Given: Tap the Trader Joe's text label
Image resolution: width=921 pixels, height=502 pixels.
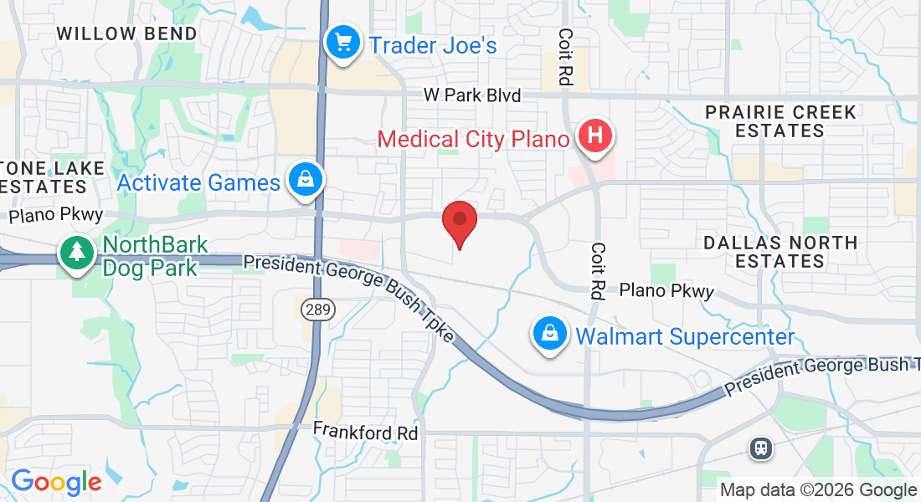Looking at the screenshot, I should tap(433, 45).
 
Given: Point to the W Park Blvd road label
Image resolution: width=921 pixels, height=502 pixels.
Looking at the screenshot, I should tap(471, 95).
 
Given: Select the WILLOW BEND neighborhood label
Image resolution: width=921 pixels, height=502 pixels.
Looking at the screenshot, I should tap(126, 34).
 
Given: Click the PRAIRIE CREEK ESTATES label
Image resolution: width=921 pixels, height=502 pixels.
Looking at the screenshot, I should tap(780, 121).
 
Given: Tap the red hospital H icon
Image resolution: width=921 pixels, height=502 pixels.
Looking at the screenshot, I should tap(595, 136).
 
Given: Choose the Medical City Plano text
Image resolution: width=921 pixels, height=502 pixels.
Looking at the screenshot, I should tap(473, 139).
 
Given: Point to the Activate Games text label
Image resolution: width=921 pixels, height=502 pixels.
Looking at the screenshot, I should tap(198, 182).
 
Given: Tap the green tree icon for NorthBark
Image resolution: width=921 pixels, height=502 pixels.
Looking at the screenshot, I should tap(77, 251).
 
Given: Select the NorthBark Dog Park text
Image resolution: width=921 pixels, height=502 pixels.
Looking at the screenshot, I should tap(151, 256).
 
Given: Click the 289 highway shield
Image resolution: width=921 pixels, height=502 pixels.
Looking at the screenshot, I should tap(320, 310).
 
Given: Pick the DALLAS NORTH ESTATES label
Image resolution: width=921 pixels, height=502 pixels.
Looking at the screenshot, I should tap(780, 252).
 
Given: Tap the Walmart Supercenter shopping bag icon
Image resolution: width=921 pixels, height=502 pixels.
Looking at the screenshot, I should tap(550, 334).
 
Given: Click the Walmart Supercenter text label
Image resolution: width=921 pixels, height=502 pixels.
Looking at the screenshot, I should tap(685, 337).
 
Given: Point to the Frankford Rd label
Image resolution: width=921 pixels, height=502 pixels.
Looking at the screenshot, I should tap(365, 432).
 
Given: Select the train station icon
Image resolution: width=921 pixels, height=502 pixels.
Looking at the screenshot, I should tap(762, 448).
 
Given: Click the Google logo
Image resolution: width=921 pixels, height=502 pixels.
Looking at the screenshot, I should tap(56, 482).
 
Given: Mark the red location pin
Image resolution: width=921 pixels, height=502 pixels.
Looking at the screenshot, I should tap(460, 222).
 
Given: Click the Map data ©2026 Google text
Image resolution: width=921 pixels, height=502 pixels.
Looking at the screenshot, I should tap(818, 490).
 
